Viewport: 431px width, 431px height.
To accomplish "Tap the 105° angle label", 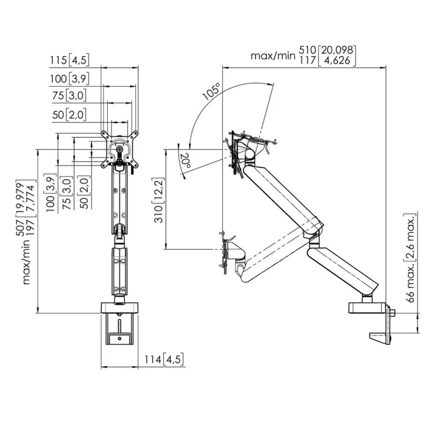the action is tap(212, 91).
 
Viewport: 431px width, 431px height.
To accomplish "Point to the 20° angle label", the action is tap(185, 161).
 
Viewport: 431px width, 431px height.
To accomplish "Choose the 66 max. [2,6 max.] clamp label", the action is tap(411, 258).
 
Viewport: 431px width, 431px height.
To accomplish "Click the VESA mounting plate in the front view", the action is tap(120, 149).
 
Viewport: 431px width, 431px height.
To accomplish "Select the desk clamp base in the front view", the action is tap(120, 324).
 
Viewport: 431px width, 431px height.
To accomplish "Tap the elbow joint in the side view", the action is tap(314, 236).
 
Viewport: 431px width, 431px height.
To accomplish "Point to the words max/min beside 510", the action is tap(273, 56).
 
